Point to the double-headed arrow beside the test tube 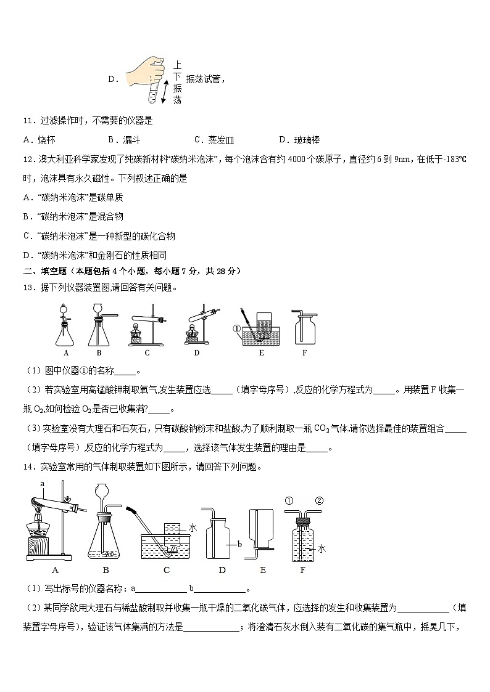[165, 89]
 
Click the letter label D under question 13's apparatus [196, 353]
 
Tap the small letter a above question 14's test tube [43, 484]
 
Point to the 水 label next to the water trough [192, 527]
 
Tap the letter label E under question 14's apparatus [263, 570]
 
